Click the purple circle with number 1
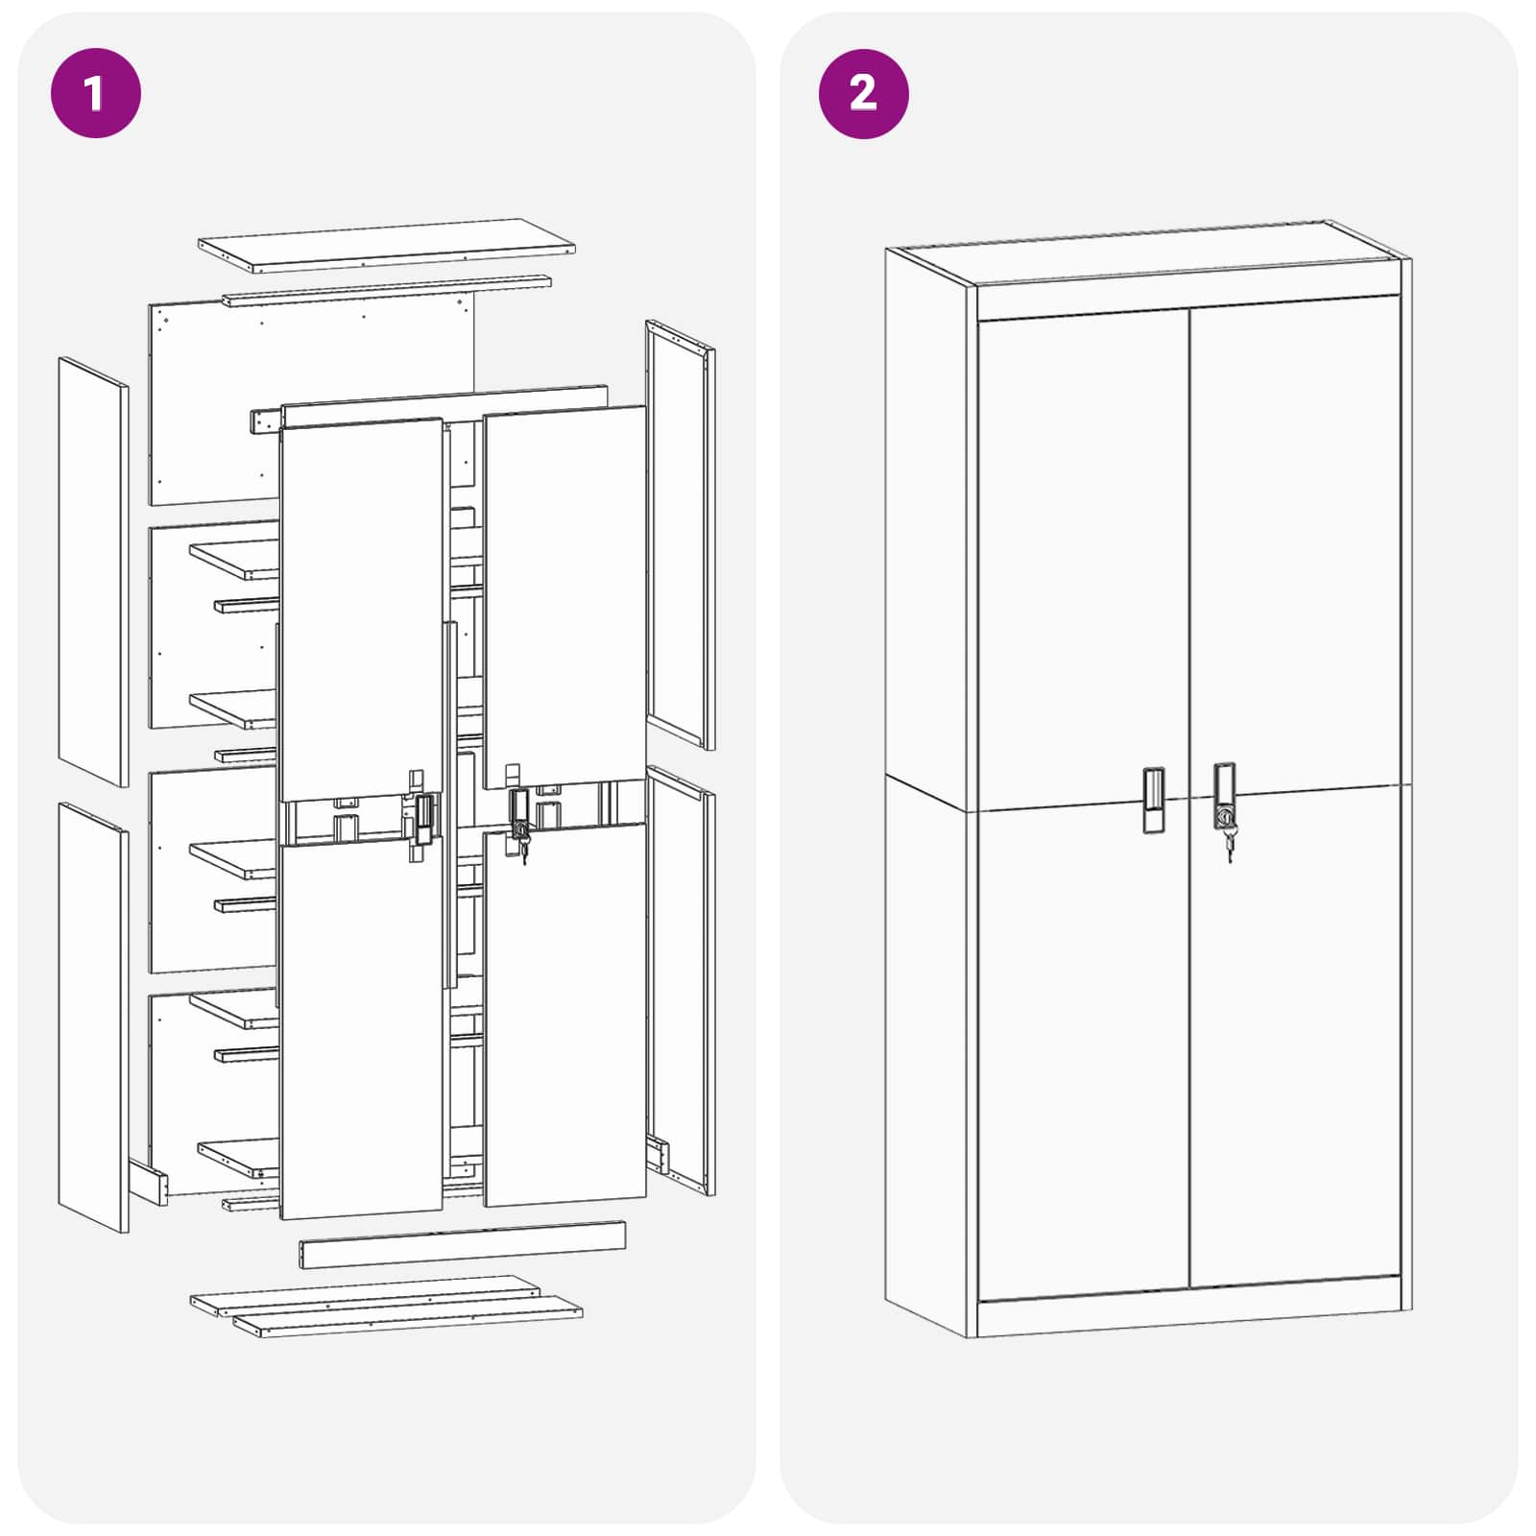pyautogui.click(x=95, y=93)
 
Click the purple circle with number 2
pyautogui.click(x=863, y=93)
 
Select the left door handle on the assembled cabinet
pyautogui.click(x=1153, y=799)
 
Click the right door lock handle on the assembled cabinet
pyautogui.click(x=1224, y=794)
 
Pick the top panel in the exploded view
pyautogui.click(x=386, y=244)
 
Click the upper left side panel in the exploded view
pyautogui.click(x=93, y=571)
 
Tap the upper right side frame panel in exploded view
pyautogui.click(x=680, y=533)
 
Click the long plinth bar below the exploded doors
pyautogui.click(x=462, y=1244)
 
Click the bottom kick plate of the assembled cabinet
pyautogui.click(x=1188, y=1310)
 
